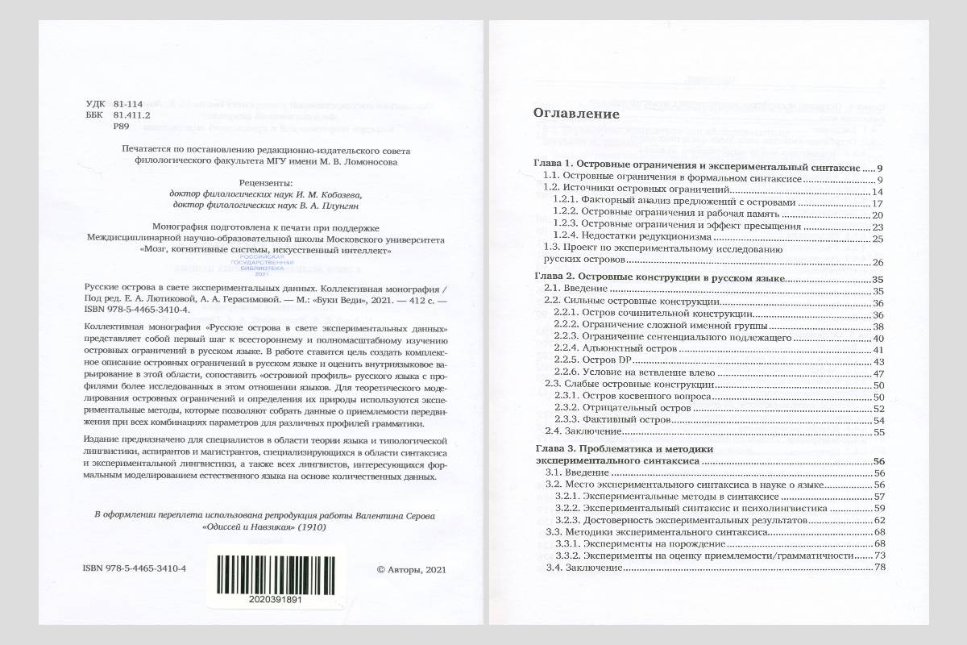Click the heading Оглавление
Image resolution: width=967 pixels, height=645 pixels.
pos(576,114)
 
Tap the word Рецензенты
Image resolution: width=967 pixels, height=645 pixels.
pos(266,182)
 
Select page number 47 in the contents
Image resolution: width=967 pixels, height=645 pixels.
pos(878,372)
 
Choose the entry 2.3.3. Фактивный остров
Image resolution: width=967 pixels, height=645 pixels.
pos(609,420)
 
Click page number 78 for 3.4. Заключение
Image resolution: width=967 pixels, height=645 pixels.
pos(878,568)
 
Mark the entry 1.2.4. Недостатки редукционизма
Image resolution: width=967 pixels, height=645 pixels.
pos(632,238)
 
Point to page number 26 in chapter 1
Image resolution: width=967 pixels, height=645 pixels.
pos(878,262)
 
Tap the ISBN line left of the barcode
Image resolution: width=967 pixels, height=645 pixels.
pos(135,568)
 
